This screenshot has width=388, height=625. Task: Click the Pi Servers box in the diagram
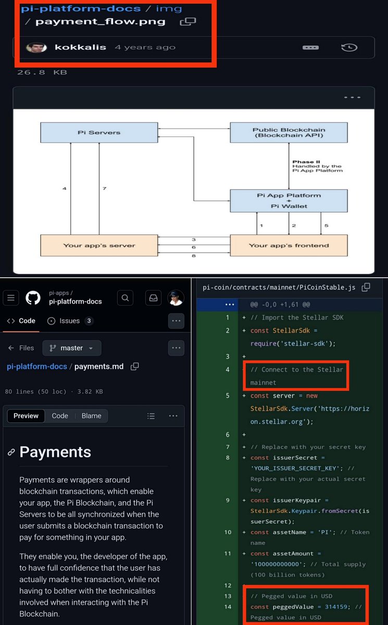pyautogui.click(x=99, y=132)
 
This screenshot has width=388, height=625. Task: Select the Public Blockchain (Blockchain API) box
pyautogui.click(x=289, y=132)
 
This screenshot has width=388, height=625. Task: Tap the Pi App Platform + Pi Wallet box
pyautogui.click(x=289, y=201)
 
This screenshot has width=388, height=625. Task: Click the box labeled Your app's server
pyautogui.click(x=99, y=245)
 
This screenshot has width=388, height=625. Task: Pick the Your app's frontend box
pyautogui.click(x=289, y=245)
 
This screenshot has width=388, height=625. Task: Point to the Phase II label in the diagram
pyautogui.click(x=303, y=162)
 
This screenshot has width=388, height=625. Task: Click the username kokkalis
pyautogui.click(x=80, y=47)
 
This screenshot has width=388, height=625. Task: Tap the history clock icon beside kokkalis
pyautogui.click(x=349, y=47)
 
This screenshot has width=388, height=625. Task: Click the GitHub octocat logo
pyautogui.click(x=33, y=298)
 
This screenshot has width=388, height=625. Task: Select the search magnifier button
pyautogui.click(x=125, y=298)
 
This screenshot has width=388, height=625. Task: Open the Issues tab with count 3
pyautogui.click(x=70, y=321)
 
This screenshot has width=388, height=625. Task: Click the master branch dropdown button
pyautogui.click(x=72, y=348)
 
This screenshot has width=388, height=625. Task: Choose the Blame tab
pyautogui.click(x=92, y=416)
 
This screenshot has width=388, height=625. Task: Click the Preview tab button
pyautogui.click(x=26, y=416)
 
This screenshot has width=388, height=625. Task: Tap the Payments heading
pyautogui.click(x=55, y=452)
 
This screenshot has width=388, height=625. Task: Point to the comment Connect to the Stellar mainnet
pyautogui.click(x=296, y=376)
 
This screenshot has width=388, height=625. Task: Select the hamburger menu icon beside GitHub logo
pyautogui.click(x=11, y=298)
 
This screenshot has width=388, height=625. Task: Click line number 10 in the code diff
pyautogui.click(x=228, y=532)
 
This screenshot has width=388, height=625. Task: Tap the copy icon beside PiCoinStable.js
pyautogui.click(x=366, y=287)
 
